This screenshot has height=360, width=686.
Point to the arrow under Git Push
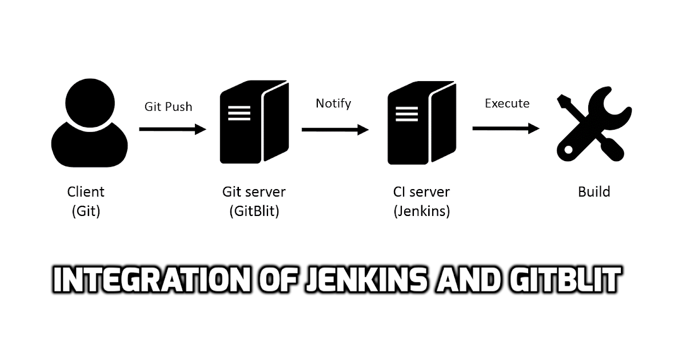click(x=172, y=130)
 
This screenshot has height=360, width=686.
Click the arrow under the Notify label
click(x=335, y=130)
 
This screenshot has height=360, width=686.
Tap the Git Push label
click(x=167, y=106)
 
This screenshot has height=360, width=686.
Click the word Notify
click(x=333, y=103)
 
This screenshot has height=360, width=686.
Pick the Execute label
click(x=507, y=103)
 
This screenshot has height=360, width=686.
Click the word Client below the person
click(x=86, y=192)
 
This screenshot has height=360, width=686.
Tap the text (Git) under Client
click(x=86, y=211)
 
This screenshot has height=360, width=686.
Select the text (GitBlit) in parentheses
click(x=254, y=211)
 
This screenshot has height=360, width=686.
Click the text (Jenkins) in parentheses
click(x=422, y=211)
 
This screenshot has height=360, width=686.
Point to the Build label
click(x=594, y=192)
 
